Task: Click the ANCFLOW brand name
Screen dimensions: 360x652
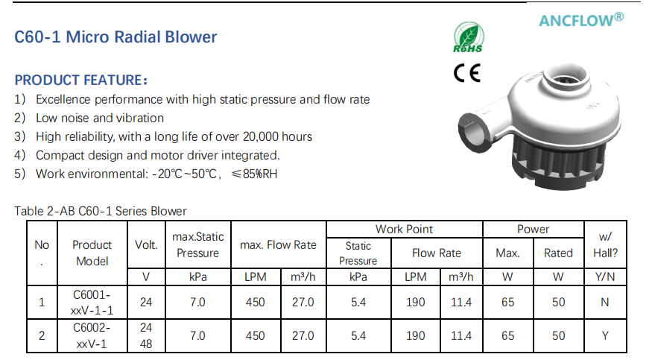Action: coord(581,21)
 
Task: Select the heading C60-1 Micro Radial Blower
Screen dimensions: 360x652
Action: coord(116,37)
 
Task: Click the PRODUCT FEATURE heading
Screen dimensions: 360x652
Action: coord(81,80)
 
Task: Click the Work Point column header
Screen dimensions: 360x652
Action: coord(405,229)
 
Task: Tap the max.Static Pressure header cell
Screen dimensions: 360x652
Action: coord(197,245)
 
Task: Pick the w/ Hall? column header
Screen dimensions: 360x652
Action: coord(604,245)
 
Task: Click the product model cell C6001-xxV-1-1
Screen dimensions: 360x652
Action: coord(92,302)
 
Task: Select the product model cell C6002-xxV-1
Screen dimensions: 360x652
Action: coord(92,335)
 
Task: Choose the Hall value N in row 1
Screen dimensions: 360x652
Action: coord(604,302)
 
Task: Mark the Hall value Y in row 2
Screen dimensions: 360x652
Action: coord(604,335)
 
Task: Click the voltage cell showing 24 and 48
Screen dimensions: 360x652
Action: coord(146,335)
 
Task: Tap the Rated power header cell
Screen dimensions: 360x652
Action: coord(558,253)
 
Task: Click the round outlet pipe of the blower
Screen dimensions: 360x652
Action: coord(472,125)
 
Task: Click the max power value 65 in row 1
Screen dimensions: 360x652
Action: coord(508,302)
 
